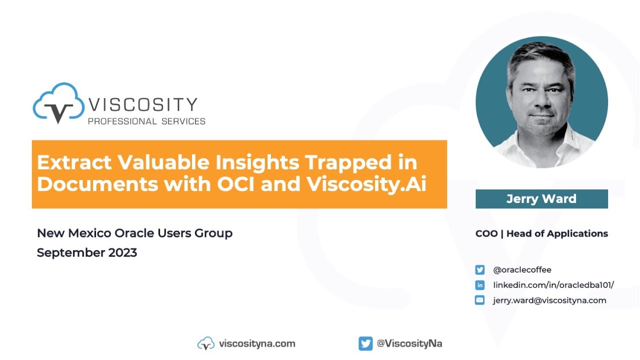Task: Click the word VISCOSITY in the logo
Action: [143, 105]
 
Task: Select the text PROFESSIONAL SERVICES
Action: [146, 121]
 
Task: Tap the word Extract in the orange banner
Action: [73, 163]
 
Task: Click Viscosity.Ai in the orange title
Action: [366, 184]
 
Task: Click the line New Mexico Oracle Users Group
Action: [134, 233]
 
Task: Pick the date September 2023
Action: [87, 252]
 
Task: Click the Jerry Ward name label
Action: [541, 199]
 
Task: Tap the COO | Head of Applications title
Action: [541, 233]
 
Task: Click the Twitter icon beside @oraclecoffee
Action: [480, 270]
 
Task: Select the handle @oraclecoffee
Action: [522, 270]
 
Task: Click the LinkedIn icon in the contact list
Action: [480, 285]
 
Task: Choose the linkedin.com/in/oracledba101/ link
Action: [553, 285]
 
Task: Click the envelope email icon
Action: [480, 300]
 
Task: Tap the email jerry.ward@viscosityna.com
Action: [549, 300]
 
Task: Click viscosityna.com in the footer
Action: [257, 343]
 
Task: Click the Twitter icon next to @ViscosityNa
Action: [365, 343]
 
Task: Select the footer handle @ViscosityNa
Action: [409, 343]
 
